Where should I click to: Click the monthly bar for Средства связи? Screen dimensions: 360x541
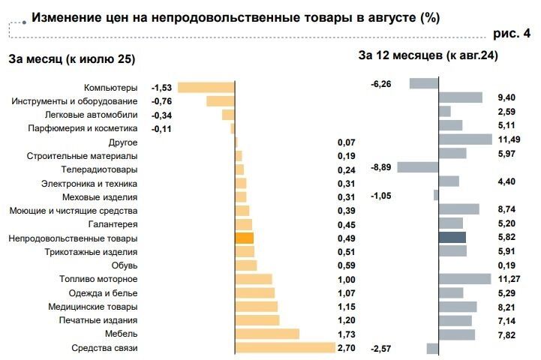pyautogui.click(x=285, y=348)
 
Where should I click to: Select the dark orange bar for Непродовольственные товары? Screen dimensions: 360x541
pyautogui.click(x=245, y=238)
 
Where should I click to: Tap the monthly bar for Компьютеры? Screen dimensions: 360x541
pyautogui.click(x=206, y=87)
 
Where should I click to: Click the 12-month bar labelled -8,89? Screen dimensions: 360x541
pyautogui.click(x=417, y=167)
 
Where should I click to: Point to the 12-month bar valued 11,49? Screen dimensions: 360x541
pyautogui.click(x=464, y=139)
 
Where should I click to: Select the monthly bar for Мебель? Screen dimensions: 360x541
pyautogui.click(x=267, y=334)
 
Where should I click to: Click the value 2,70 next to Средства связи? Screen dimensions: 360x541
pyautogui.click(x=346, y=348)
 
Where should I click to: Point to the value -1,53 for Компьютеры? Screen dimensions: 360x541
pyautogui.click(x=162, y=88)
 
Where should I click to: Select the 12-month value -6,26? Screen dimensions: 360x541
pyautogui.click(x=381, y=84)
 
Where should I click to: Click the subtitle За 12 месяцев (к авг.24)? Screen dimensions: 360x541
pyautogui.click(x=428, y=55)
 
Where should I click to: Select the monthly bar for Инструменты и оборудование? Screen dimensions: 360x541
pyautogui.click(x=221, y=101)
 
